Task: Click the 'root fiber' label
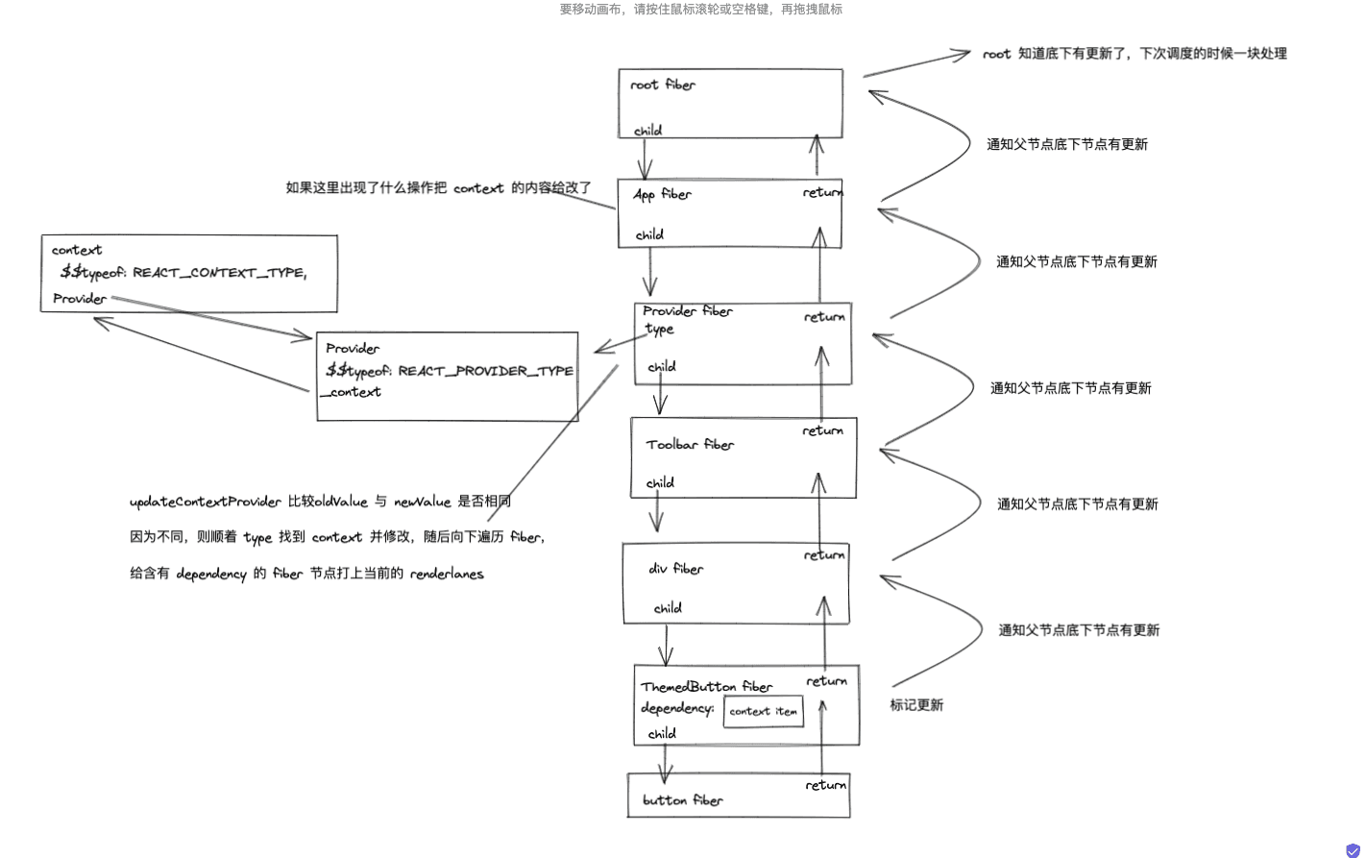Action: point(663,85)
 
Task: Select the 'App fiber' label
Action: point(662,194)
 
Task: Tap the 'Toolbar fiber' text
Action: point(690,445)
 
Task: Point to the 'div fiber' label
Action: point(675,569)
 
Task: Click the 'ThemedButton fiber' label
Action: point(706,687)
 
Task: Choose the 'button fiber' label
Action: point(682,800)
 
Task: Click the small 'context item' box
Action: point(763,712)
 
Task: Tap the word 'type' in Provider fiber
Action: point(659,329)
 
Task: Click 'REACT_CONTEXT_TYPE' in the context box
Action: point(218,273)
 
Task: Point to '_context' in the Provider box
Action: point(352,392)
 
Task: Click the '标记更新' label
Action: point(916,705)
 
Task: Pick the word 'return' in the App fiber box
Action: point(822,193)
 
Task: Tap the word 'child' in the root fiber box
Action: point(647,131)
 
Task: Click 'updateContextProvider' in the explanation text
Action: point(206,502)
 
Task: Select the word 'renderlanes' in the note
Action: point(447,575)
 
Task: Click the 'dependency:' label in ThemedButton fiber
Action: point(677,709)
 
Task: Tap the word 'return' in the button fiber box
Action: point(825,785)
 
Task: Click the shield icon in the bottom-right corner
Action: point(1353,850)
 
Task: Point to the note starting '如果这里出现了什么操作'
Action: point(438,188)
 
